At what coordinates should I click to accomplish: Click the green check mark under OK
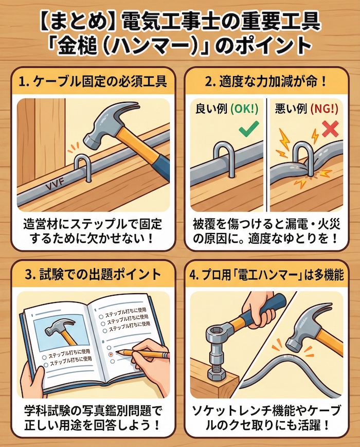tap(247, 129)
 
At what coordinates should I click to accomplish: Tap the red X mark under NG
tap(329, 128)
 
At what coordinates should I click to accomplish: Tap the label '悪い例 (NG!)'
tap(306, 109)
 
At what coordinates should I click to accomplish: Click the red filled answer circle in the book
tap(109, 354)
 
